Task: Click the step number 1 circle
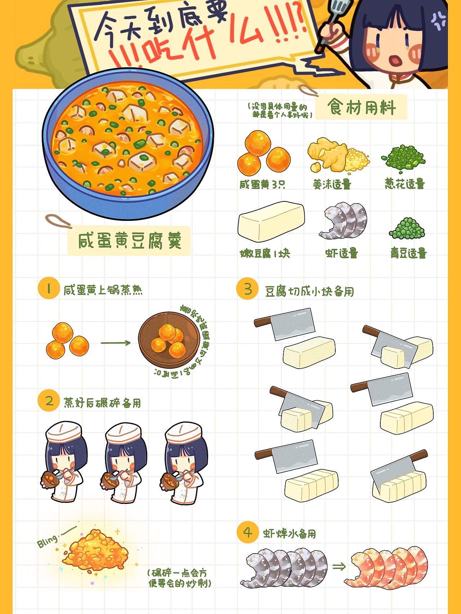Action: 48,288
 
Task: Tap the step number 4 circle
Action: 247,532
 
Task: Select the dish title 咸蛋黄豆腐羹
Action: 129,241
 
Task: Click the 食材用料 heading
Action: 361,107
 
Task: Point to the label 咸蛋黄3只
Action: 262,185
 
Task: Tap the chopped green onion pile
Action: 404,158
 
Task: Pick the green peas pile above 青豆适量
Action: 407,228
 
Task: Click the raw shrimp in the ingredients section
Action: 344,220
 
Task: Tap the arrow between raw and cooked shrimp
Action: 339,567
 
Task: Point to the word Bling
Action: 48,541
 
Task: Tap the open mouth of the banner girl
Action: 396,60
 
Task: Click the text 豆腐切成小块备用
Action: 309,291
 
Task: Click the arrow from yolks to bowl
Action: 115,343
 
